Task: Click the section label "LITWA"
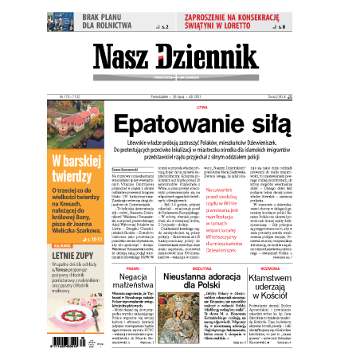point(201,106)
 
